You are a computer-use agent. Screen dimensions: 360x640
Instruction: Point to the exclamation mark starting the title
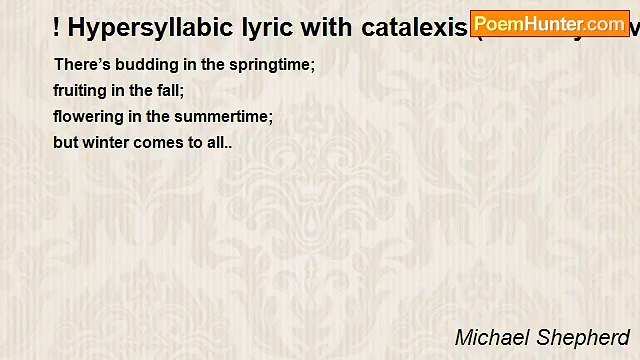[58, 27]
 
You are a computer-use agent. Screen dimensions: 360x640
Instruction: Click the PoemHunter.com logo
[549, 23]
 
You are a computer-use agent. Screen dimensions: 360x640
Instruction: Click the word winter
[107, 142]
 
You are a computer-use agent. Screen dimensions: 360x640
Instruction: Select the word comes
[161, 142]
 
